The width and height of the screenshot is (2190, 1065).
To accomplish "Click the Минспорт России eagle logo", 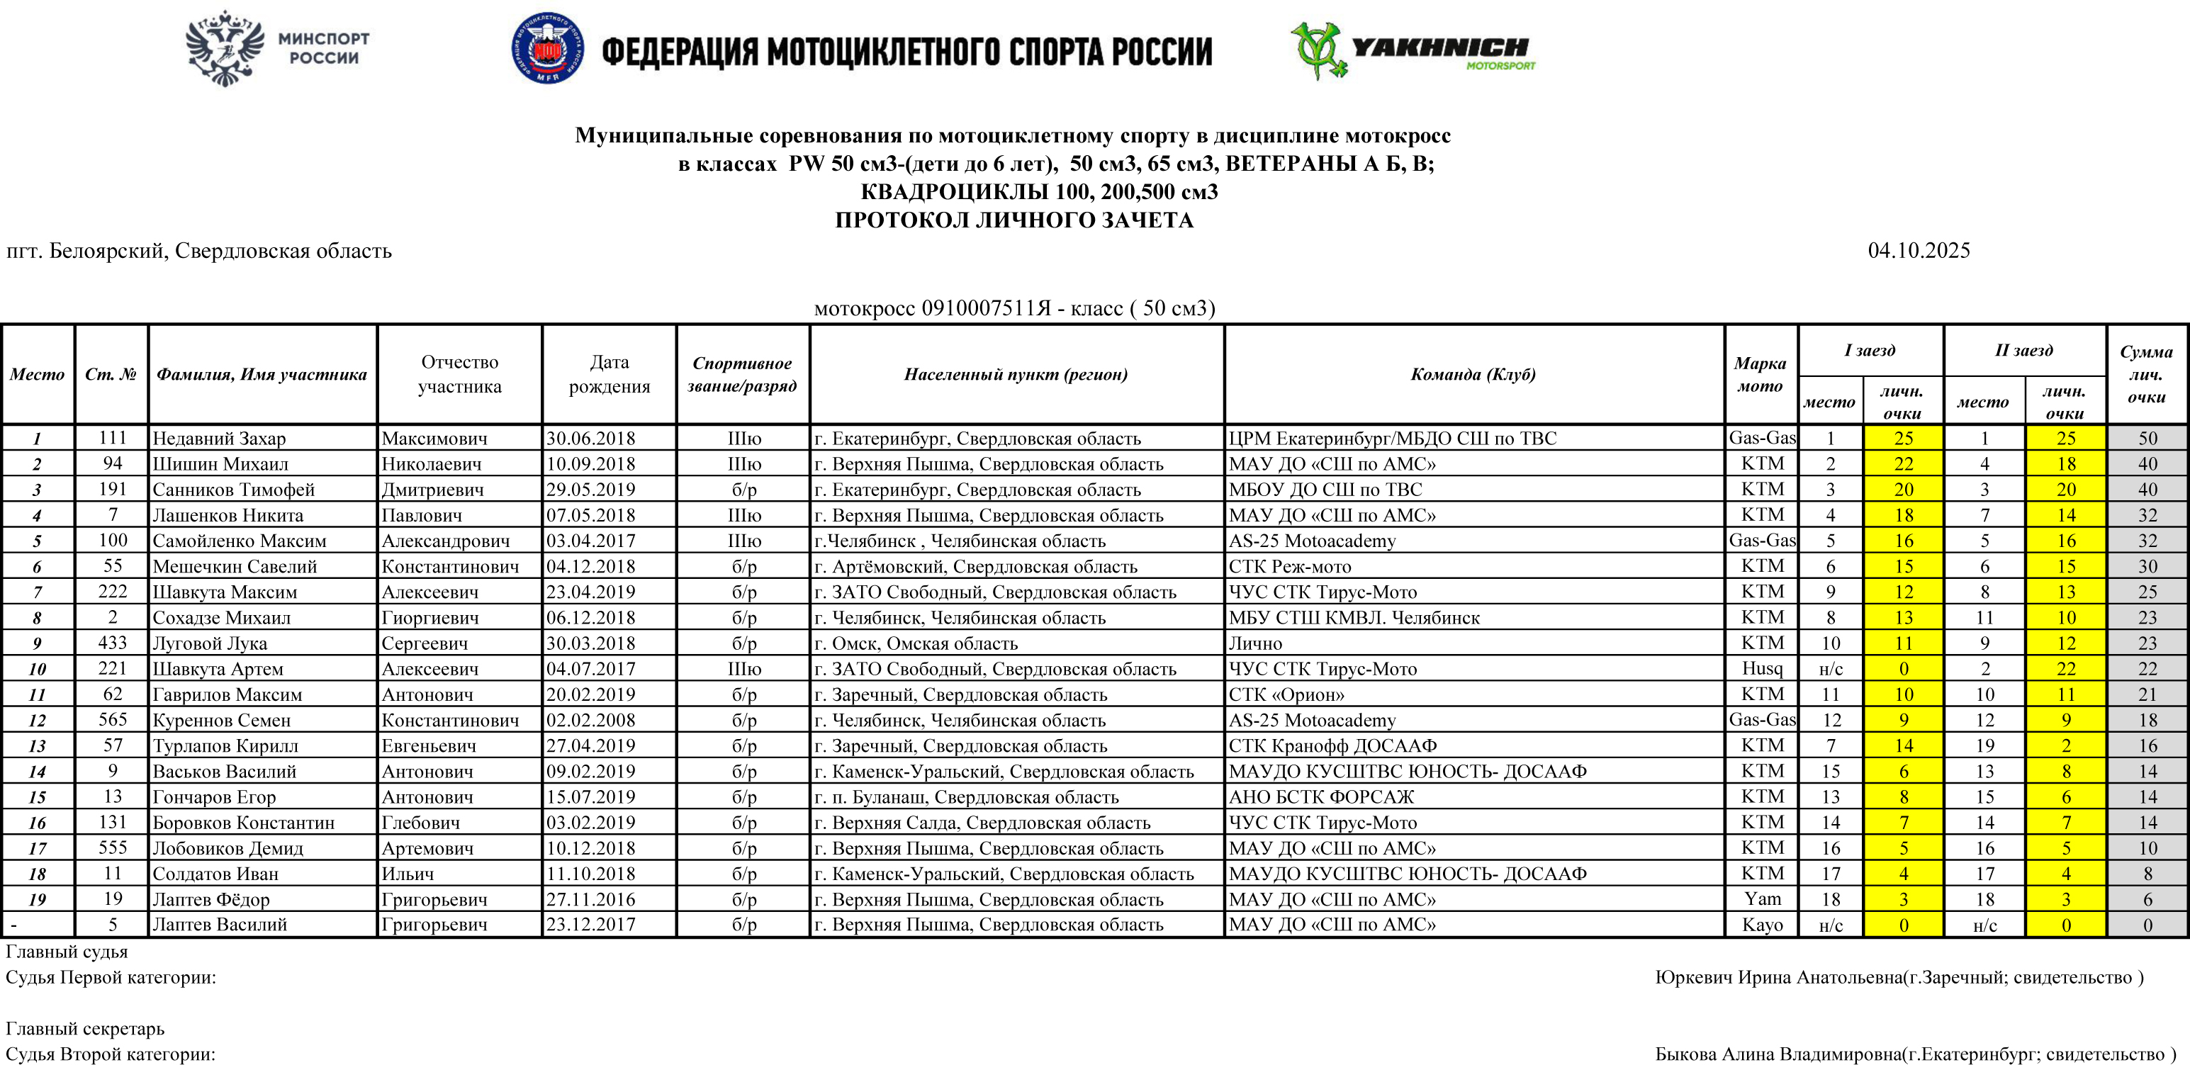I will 223,48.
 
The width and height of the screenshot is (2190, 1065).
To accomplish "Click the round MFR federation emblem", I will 547,48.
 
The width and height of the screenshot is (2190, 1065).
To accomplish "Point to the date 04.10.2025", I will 1918,251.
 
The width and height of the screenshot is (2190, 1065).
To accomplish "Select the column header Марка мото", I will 1760,374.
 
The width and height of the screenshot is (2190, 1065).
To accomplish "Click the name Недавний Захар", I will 219,439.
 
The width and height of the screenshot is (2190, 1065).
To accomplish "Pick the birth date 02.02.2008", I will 591,720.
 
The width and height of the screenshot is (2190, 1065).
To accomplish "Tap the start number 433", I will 112,643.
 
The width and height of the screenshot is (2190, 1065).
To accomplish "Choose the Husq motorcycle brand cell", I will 1761,668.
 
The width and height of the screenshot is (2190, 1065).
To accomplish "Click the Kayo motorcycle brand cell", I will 1761,924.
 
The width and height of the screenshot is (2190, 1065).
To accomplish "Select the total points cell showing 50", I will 2147,439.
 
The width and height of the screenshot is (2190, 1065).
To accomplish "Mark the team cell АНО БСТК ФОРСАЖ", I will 1321,796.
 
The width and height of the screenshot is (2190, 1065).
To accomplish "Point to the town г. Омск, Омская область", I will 916,643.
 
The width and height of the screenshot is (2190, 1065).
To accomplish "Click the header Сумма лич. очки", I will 2146,374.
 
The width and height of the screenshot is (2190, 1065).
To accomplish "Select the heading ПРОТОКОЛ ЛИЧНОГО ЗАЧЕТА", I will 1013,220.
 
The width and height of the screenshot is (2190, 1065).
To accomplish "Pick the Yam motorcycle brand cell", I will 1761,898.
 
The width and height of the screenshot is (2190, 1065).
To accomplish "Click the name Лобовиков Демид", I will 227,848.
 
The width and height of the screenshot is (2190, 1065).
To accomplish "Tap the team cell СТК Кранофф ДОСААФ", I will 1332,745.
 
